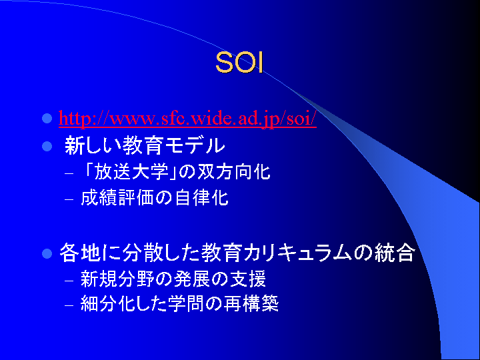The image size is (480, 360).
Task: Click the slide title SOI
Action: pyautogui.click(x=239, y=63)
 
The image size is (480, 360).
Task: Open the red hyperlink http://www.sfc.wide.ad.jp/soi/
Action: pyautogui.click(x=187, y=118)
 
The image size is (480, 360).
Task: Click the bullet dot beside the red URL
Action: pyautogui.click(x=47, y=118)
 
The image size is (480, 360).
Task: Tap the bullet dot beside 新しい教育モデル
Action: pyautogui.click(x=47, y=146)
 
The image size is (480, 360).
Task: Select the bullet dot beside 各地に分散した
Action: pyautogui.click(x=47, y=253)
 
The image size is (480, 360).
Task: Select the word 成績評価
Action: pyautogui.click(x=117, y=198)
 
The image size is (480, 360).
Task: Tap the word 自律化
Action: pyautogui.click(x=202, y=198)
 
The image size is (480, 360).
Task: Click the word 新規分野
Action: pyautogui.click(x=117, y=279)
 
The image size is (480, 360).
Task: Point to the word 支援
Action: pyautogui.click(x=247, y=279)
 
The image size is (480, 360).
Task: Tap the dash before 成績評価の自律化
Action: pyautogui.click(x=69, y=199)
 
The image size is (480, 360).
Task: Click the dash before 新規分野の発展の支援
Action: pyautogui.click(x=69, y=281)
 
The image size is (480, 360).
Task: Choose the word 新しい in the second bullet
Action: pyautogui.click(x=93, y=145)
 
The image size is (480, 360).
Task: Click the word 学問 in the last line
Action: pyautogui.click(x=185, y=303)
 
